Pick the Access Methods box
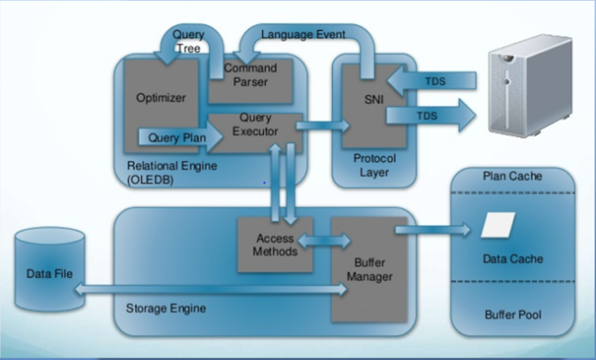tap(275, 244)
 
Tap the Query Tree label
tap(189, 41)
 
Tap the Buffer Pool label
tap(512, 316)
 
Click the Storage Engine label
tap(165, 308)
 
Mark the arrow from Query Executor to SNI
tap(321, 125)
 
